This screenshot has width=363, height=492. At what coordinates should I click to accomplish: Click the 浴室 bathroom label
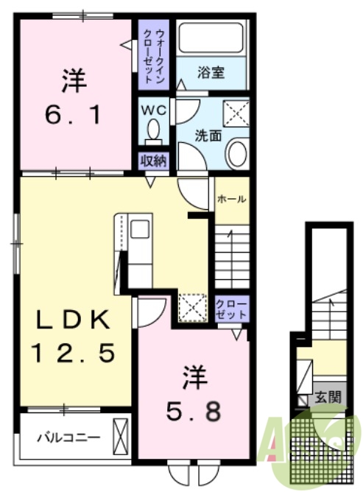click(x=211, y=73)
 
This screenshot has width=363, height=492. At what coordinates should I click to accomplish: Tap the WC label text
click(x=153, y=110)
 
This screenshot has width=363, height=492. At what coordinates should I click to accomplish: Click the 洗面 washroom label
click(x=208, y=136)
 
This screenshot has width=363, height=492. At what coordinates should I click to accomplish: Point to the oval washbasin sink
click(x=237, y=153)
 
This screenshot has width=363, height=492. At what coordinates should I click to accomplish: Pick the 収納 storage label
click(x=153, y=161)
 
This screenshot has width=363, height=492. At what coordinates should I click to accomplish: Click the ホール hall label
click(x=231, y=199)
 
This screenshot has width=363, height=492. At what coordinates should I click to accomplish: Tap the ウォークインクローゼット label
click(x=153, y=56)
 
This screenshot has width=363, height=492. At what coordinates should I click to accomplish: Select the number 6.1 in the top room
click(x=73, y=115)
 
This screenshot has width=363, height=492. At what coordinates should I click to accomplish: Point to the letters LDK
click(x=73, y=319)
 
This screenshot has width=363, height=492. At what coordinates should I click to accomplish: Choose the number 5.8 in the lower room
click(x=194, y=412)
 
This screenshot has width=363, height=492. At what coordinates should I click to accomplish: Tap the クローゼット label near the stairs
click(x=232, y=309)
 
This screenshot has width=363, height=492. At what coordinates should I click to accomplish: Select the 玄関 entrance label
click(x=328, y=398)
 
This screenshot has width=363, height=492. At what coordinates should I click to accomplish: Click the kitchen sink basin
click(x=140, y=229)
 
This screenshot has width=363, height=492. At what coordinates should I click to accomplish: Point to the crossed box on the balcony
click(x=121, y=436)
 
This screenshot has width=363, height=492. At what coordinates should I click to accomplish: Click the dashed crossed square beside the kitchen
click(x=193, y=307)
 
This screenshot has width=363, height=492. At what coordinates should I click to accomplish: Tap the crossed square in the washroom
click(x=236, y=113)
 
